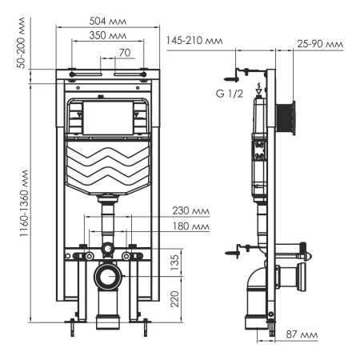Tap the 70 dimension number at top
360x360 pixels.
point(123,53)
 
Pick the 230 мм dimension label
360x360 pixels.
point(190,211)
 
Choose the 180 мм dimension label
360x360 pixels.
point(190,227)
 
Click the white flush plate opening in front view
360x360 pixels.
point(109,118)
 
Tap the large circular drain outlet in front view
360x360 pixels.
point(107,278)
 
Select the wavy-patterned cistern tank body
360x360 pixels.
point(109,166)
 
